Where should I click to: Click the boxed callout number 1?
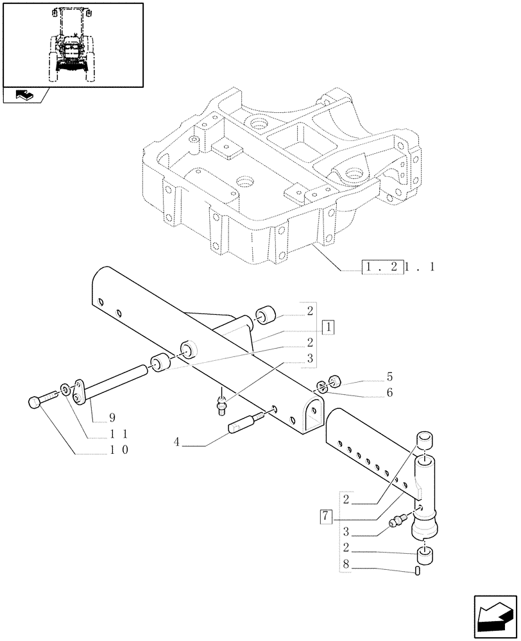tap(328, 328)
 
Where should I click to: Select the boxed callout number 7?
tap(326, 515)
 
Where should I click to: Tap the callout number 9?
tap(95, 419)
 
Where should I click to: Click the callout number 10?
tap(118, 450)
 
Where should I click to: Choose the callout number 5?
tap(389, 377)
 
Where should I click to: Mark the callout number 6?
tap(389, 392)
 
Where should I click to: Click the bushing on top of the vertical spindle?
tap(425, 441)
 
